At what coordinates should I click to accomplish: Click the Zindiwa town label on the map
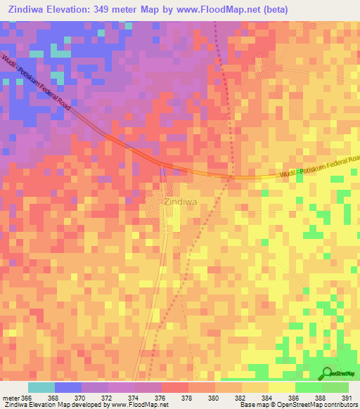[172, 200]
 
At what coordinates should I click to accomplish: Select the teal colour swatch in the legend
[41, 387]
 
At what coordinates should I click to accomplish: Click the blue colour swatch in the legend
[68, 387]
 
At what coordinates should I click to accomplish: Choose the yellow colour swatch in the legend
[281, 387]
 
